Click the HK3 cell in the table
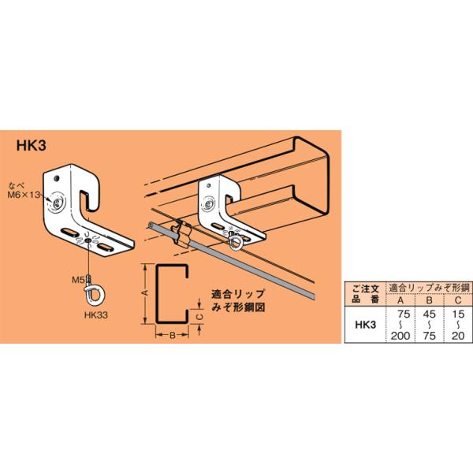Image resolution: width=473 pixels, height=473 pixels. [x=363, y=324]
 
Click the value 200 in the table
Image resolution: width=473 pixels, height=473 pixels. [x=402, y=336]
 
